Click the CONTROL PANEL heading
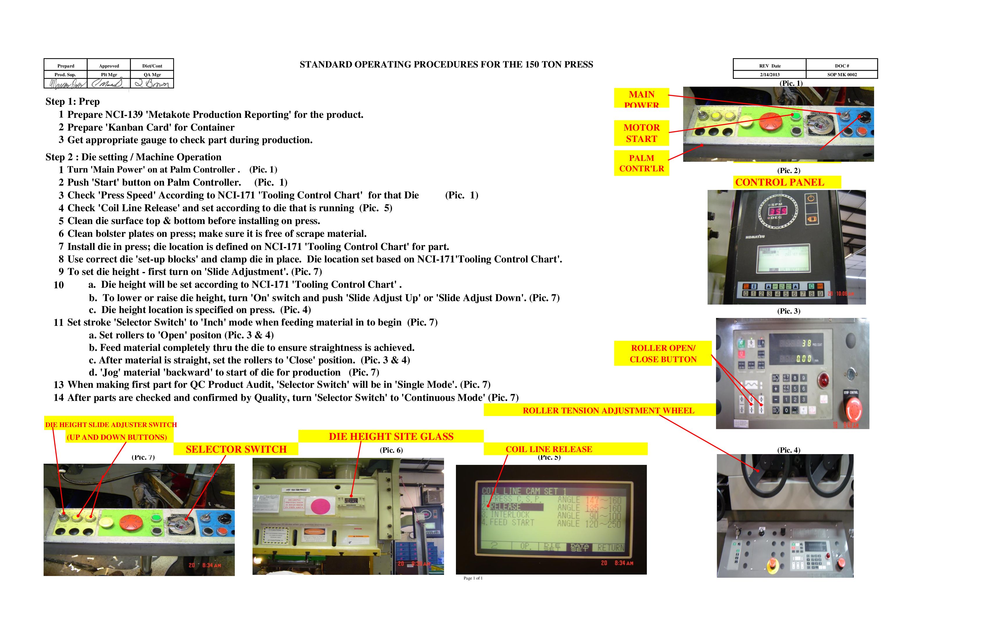click(x=779, y=182)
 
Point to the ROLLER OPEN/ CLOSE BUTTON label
click(x=663, y=353)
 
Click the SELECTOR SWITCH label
click(x=236, y=449)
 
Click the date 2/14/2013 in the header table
click(x=770, y=75)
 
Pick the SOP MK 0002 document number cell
click(x=842, y=75)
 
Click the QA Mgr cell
click(x=152, y=75)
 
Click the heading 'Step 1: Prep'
click(x=73, y=102)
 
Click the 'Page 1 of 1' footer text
click(x=473, y=578)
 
